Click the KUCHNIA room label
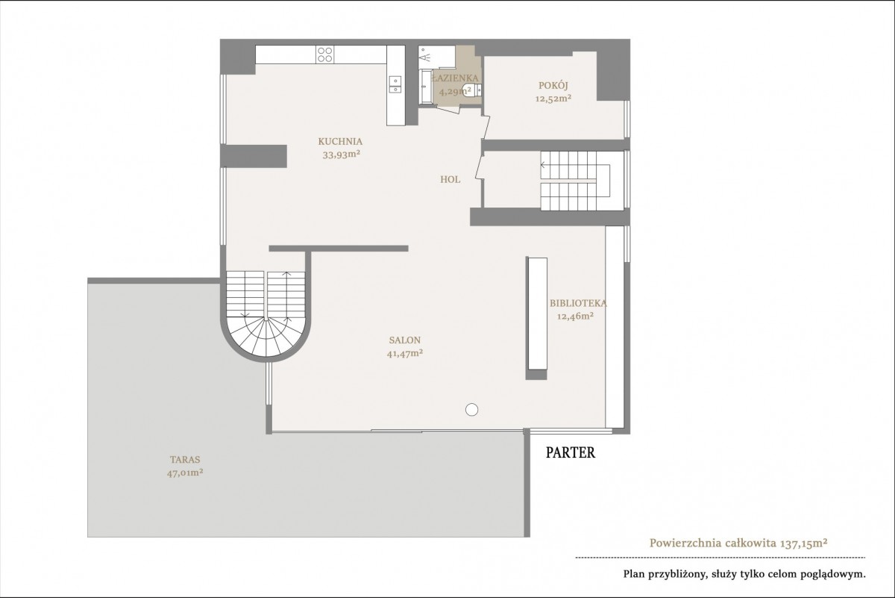tap(340, 142)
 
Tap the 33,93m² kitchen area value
tap(342, 155)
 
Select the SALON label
tap(405, 340)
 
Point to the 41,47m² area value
tap(405, 354)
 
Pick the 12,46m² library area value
tap(575, 317)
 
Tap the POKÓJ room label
tap(553, 85)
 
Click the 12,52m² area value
tap(553, 99)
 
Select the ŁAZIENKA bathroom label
tap(455, 78)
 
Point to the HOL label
tap(450, 180)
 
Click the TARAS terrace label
tap(185, 460)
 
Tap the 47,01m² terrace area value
tap(185, 473)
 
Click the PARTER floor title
tap(571, 452)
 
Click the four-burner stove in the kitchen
tap(324, 54)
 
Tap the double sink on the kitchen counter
tap(395, 84)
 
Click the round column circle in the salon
tap(472, 410)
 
